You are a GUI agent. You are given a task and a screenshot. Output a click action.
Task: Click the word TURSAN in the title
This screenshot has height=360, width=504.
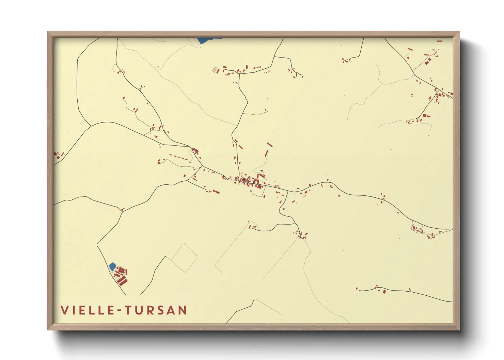(x=156, y=310)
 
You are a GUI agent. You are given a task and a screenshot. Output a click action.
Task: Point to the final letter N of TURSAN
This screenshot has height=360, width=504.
(x=183, y=310)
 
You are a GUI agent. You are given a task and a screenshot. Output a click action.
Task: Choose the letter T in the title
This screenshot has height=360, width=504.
(x=128, y=310)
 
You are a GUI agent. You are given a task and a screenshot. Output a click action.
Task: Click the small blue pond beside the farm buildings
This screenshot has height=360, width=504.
(x=112, y=266)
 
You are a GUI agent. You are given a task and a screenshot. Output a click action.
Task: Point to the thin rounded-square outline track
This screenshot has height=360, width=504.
(x=184, y=258)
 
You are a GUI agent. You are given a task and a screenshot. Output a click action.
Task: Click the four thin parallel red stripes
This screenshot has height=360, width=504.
(x=215, y=70)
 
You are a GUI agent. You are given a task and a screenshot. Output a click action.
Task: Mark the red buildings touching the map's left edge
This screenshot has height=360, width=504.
(x=56, y=155)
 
